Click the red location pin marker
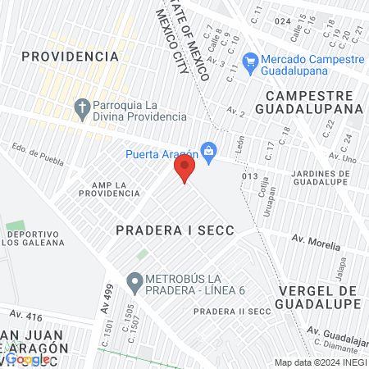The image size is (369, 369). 184,170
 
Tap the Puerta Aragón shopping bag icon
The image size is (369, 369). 209,151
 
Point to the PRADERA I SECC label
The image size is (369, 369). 175,231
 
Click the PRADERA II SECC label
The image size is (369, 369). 232,312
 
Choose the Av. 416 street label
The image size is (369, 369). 25,314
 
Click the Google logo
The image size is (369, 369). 27,359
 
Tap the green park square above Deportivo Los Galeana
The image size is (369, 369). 16,225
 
